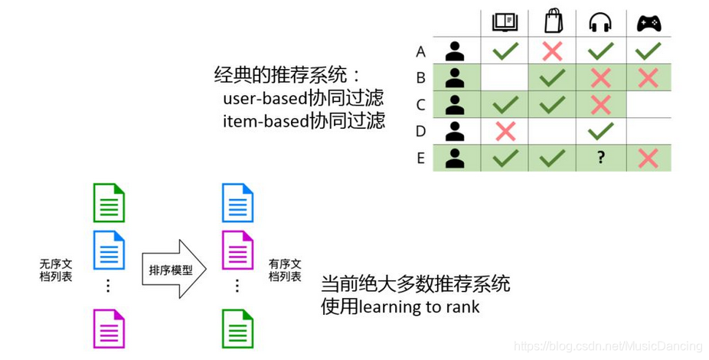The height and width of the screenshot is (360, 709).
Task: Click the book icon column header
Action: point(505,23)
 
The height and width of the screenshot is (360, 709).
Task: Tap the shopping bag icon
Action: point(553,21)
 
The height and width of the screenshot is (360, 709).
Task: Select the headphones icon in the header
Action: point(601,23)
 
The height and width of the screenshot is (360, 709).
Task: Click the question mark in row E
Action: point(601,158)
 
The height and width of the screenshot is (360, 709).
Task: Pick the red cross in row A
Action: point(553,51)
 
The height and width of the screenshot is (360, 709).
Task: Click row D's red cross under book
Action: point(505,131)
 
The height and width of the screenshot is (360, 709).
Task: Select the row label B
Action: point(420,78)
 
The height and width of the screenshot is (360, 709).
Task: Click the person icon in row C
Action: point(456,104)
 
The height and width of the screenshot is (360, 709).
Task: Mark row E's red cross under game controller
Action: point(649,158)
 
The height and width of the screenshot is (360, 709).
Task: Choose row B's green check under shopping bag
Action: point(553,78)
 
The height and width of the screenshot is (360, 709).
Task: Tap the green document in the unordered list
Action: point(109,203)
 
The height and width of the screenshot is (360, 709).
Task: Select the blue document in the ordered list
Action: point(237,203)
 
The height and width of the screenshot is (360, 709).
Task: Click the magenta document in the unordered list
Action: point(109,329)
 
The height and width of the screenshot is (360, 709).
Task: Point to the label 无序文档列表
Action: point(56,270)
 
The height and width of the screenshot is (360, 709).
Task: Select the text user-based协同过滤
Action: point(303,100)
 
